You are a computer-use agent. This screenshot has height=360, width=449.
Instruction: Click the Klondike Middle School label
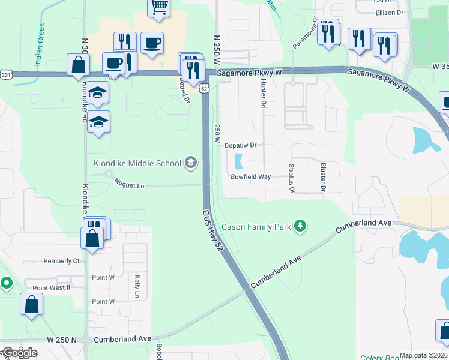coord(137,163)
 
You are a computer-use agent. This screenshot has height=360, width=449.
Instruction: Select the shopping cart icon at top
coord(159,7)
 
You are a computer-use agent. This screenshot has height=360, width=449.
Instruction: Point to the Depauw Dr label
coord(240,145)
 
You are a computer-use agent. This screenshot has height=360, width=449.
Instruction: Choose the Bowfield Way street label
coord(251,177)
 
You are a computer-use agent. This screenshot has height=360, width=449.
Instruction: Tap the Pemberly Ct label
coord(61,261)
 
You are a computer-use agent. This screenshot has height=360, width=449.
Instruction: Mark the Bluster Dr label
coord(322,178)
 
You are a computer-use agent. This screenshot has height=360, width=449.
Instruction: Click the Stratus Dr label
coord(291,178)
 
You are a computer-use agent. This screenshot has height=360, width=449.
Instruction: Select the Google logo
coord(19,353)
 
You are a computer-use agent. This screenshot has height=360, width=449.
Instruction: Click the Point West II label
coord(51,287)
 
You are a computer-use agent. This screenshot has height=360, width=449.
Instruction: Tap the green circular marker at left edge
coord(6,282)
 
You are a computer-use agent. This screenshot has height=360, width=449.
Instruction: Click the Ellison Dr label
coord(389,13)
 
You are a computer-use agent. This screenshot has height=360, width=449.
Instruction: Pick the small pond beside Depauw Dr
coord(239,161)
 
